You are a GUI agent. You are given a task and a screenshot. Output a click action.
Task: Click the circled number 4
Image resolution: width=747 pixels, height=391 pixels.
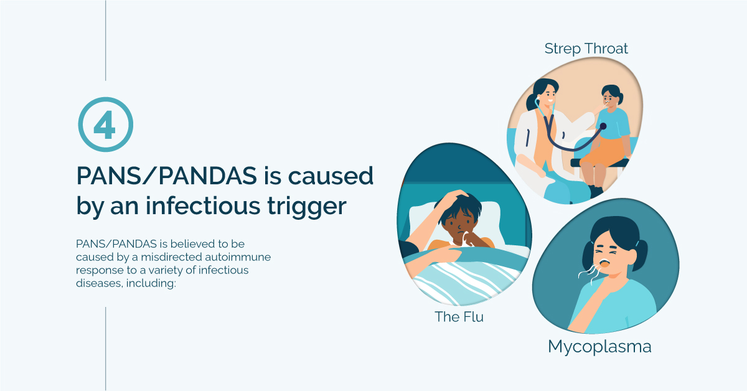pyautogui.click(x=106, y=125)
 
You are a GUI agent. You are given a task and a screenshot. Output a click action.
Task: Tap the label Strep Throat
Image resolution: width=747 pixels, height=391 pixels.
pyautogui.click(x=586, y=49)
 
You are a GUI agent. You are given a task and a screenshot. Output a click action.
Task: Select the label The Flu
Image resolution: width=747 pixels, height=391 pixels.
pyautogui.click(x=459, y=317)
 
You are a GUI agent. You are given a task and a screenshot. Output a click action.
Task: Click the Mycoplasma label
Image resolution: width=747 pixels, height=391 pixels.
pyautogui.click(x=599, y=347)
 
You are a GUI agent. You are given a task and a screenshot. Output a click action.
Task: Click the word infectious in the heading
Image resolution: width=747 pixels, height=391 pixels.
pyautogui.click(x=203, y=206)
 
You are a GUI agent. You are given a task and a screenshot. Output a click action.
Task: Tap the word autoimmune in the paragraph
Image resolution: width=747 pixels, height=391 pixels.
pyautogui.click(x=238, y=257)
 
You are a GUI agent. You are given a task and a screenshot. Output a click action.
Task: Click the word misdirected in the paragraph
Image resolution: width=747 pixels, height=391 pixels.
pyautogui.click(x=171, y=257)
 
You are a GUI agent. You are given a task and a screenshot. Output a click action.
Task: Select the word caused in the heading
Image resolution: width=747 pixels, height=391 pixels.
pyautogui.click(x=331, y=176)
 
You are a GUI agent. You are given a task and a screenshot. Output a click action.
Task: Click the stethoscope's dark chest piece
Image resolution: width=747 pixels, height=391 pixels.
pyautogui.click(x=603, y=126)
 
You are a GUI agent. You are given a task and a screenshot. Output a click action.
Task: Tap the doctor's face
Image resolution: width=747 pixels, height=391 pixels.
pyautogui.click(x=548, y=95)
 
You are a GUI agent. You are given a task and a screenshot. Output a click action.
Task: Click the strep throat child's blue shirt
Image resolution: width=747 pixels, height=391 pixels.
pyautogui.click(x=613, y=123)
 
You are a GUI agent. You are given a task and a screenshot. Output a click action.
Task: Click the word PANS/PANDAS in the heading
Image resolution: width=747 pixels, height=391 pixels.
pyautogui.click(x=167, y=176)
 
